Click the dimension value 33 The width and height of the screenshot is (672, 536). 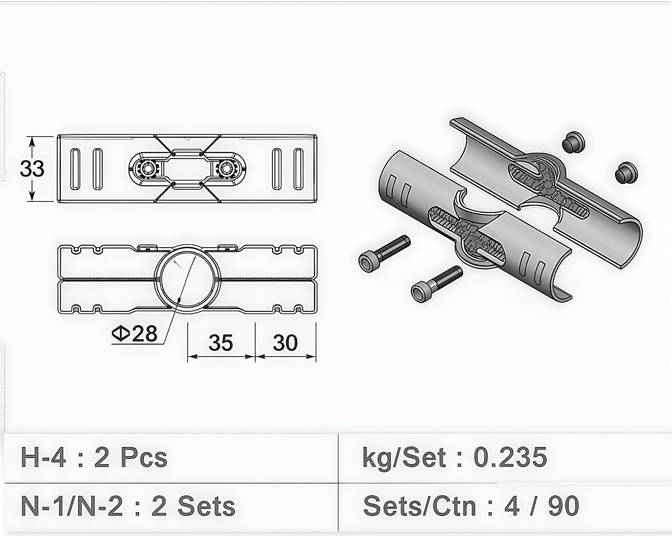32,169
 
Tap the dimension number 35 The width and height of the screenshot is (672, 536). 221,342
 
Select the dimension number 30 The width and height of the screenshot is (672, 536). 285,342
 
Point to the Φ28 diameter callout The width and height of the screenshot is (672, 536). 135,334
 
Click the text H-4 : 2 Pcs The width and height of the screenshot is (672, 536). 94,458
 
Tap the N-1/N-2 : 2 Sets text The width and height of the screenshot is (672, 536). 128,506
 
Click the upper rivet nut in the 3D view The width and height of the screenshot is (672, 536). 573,144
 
